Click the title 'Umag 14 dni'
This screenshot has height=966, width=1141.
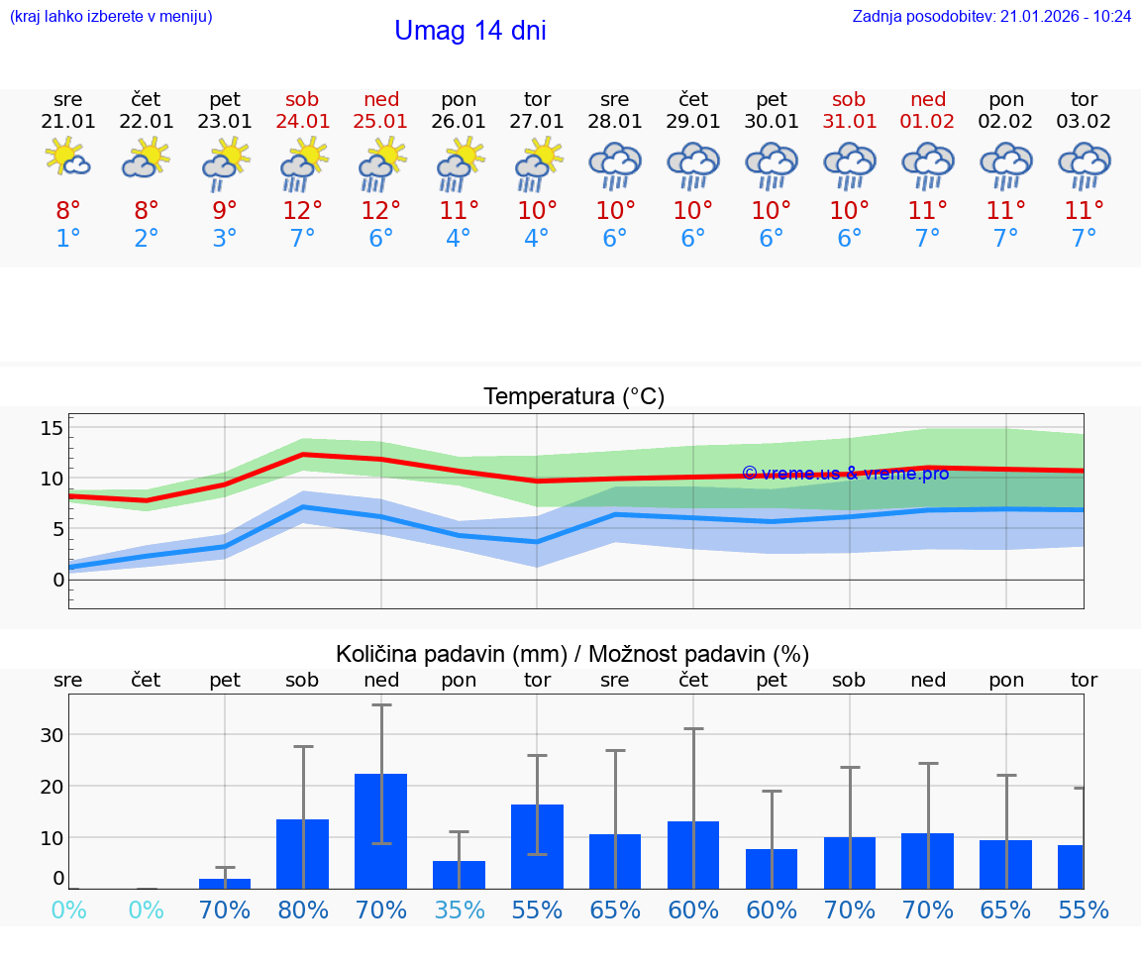[x=469, y=31]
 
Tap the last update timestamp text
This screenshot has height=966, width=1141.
[x=991, y=16]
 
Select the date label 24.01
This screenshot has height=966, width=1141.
[x=302, y=121]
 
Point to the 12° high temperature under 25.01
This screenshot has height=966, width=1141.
[x=380, y=211]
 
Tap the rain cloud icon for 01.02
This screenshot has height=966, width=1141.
[x=928, y=163]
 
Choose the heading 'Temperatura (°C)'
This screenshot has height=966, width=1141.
[x=573, y=397]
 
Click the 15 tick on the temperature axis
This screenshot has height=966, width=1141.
[x=52, y=428]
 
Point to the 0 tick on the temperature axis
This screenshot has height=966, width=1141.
[x=57, y=580]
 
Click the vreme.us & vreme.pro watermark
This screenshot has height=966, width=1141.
[x=845, y=474]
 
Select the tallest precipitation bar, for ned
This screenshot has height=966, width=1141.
[x=381, y=830]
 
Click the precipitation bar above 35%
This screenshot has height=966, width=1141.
[x=459, y=874]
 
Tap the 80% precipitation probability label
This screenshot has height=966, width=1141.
[x=302, y=910]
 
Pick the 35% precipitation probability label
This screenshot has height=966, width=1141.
[x=459, y=910]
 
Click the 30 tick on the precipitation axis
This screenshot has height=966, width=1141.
[x=52, y=735]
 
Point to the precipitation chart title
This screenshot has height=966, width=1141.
[x=572, y=654]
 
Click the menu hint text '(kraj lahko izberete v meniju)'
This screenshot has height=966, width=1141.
[x=111, y=16]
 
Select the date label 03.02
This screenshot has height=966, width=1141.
[x=1084, y=121]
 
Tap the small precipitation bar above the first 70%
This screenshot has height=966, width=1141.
[x=225, y=883]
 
